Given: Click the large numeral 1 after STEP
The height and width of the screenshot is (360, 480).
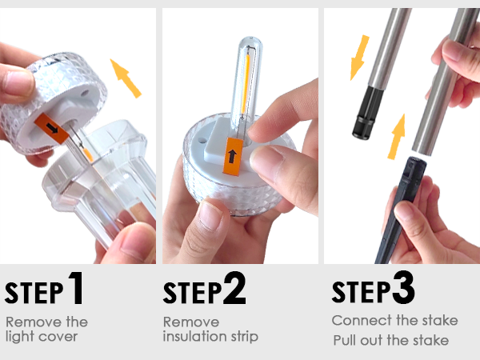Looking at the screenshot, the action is [76, 288].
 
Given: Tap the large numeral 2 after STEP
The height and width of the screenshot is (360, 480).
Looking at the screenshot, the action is [234, 288].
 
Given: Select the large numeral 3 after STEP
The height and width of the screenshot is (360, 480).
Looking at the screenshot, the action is [403, 287].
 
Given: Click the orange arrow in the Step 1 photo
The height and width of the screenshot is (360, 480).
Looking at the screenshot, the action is [126, 78].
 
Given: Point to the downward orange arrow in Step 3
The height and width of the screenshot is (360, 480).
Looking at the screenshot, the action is [360, 58].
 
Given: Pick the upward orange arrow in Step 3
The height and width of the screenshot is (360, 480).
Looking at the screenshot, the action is [397, 137].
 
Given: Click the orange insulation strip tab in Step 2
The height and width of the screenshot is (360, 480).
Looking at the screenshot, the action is [233, 156].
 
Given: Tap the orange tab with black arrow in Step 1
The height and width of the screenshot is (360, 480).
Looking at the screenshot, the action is [52, 129].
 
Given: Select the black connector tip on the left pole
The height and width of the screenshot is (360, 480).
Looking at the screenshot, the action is [368, 114].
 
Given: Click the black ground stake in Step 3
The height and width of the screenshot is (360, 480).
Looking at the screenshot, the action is [398, 211].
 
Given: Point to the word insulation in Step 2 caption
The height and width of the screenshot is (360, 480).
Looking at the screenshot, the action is [195, 336].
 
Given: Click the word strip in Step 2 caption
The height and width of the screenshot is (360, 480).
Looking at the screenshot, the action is [245, 337].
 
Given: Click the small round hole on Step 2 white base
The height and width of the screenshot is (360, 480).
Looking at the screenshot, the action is [202, 141].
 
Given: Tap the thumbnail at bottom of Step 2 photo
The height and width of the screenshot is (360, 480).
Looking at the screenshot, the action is [211, 215].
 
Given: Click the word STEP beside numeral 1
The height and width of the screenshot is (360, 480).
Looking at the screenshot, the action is [34, 292].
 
